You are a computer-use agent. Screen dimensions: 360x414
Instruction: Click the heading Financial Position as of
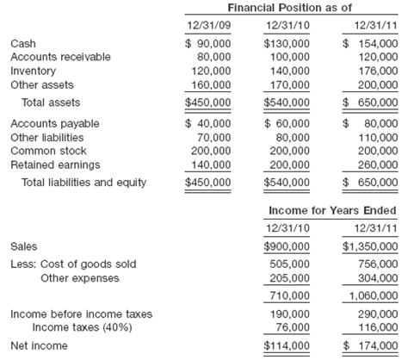[x=291, y=8]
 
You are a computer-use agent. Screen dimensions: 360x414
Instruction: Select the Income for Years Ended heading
[x=331, y=209]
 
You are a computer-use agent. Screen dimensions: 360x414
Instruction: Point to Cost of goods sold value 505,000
[x=294, y=264]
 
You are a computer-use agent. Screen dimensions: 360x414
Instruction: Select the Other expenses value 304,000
[x=378, y=278]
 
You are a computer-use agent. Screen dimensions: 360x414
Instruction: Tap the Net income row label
[x=34, y=346]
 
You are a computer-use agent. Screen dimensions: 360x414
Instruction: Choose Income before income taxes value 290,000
[x=378, y=314]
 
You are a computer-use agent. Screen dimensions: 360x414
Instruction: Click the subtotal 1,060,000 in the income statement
[x=373, y=295]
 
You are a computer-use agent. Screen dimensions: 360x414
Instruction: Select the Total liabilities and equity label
[x=84, y=183]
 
